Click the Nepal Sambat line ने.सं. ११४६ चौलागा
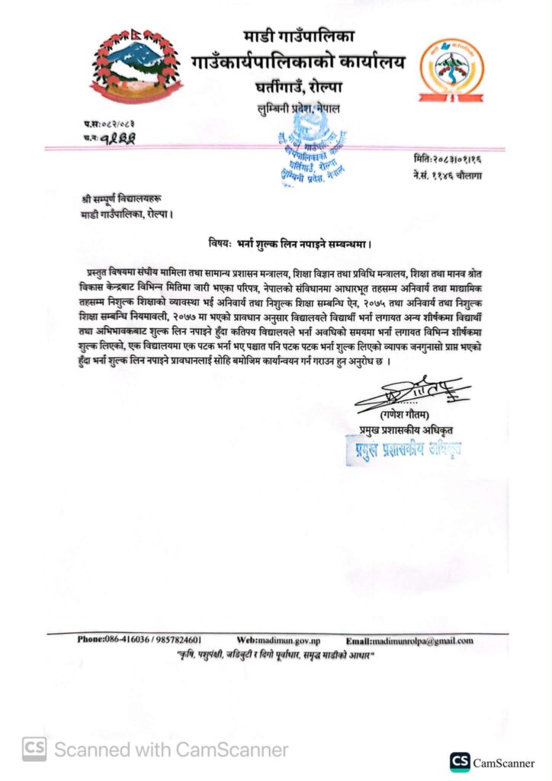(446, 176)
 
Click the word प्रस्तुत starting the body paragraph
(100, 272)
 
